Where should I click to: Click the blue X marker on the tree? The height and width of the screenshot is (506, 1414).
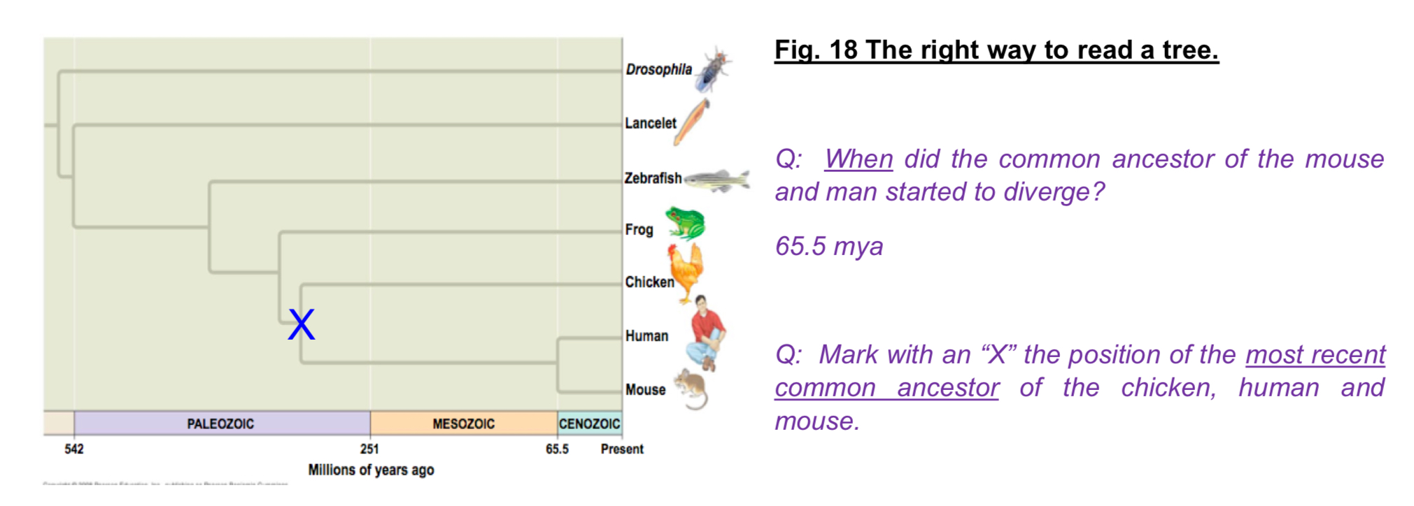(x=302, y=325)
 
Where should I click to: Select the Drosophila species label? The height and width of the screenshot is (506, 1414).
(x=658, y=69)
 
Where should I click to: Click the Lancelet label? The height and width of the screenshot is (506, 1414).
(x=650, y=124)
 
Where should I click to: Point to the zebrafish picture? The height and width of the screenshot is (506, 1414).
(x=717, y=180)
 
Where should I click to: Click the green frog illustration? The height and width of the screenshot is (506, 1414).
(x=685, y=223)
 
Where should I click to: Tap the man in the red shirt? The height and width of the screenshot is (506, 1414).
(x=707, y=333)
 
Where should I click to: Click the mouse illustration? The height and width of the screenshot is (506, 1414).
(x=691, y=389)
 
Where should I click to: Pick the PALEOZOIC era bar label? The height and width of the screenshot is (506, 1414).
(x=220, y=424)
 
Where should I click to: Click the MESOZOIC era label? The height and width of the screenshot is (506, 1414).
(x=463, y=424)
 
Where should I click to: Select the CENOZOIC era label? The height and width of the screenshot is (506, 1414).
(x=589, y=424)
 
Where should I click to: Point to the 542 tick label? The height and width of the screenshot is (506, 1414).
(x=74, y=449)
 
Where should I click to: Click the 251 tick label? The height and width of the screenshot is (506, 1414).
(x=369, y=449)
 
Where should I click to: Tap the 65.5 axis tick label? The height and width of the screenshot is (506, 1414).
(x=557, y=449)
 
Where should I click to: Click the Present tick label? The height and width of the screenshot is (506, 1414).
(x=621, y=449)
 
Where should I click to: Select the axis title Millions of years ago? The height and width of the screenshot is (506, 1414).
(x=371, y=470)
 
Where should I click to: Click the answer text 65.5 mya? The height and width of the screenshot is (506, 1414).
(x=828, y=247)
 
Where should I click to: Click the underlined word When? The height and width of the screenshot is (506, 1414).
(x=858, y=159)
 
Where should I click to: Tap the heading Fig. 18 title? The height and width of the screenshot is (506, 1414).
(x=996, y=50)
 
